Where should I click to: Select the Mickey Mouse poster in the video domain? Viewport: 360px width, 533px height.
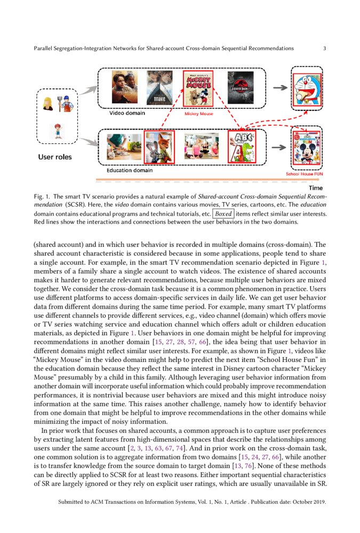tap(198, 88)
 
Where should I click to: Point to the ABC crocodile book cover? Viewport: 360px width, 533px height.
tap(242, 147)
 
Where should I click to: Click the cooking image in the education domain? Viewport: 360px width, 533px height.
tap(124, 147)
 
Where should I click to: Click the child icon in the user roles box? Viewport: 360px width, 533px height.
tap(57, 131)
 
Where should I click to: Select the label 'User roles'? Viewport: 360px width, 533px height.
tap(54, 157)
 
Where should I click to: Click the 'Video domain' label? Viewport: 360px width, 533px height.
tap(127, 113)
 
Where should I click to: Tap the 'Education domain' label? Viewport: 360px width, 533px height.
tap(129, 171)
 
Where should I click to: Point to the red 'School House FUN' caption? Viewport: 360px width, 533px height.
tap(304, 174)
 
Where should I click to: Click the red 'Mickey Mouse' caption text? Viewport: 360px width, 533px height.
tap(198, 114)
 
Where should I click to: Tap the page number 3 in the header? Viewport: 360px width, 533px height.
tap(325, 49)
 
